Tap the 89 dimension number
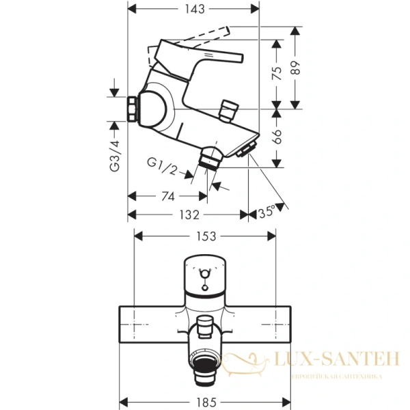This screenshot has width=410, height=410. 296,67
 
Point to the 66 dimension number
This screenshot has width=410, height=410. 277,135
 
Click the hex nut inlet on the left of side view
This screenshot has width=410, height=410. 131,108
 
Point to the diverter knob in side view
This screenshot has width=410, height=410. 228,109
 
